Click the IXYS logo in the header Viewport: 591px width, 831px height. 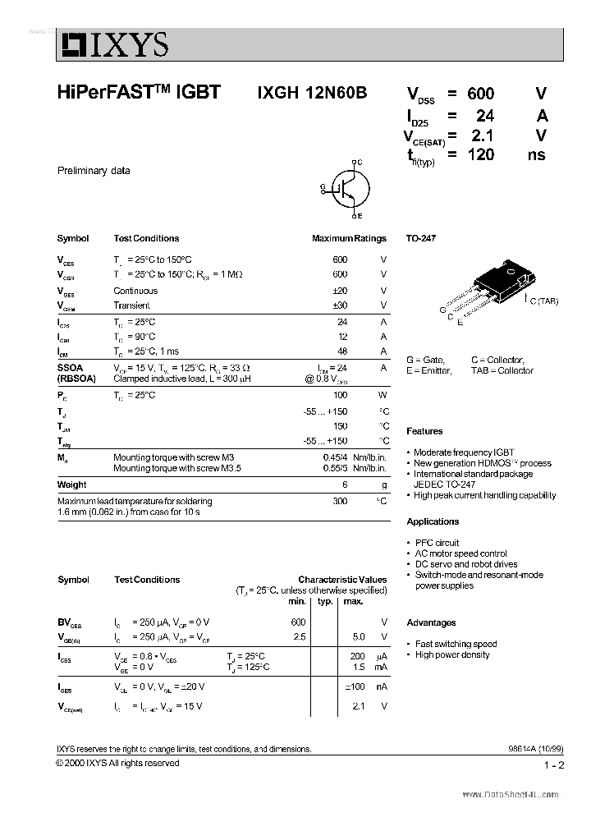pos(112,45)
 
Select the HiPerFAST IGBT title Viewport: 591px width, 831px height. pos(139,93)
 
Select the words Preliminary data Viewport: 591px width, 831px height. pos(94,171)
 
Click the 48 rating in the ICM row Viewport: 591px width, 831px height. pos(341,351)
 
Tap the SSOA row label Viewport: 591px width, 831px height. pos(71,368)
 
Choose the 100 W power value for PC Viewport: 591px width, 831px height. pos(340,396)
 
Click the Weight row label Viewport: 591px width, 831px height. pos(71,484)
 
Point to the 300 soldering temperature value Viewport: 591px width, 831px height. pos(340,501)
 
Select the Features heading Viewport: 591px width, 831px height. pos(424,431)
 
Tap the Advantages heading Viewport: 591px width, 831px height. pos(431,622)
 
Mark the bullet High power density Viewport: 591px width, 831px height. pos(452,654)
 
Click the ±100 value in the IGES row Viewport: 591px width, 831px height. pos(354,686)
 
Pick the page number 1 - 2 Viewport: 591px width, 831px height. pos(554,765)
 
